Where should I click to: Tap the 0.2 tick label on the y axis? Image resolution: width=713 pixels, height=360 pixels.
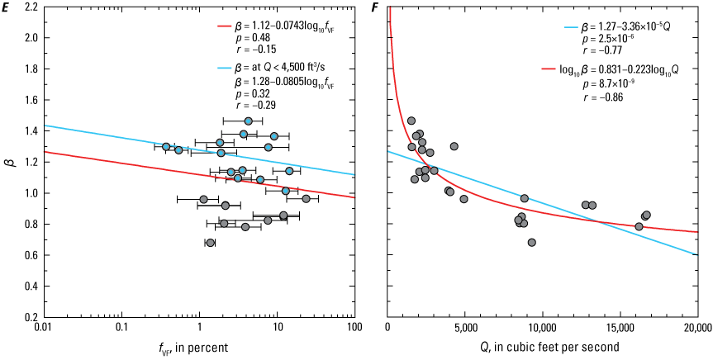tap(29, 317)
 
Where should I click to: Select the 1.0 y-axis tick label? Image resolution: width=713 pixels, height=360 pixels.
tap(29, 193)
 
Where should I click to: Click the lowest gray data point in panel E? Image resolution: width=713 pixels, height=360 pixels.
tap(210, 243)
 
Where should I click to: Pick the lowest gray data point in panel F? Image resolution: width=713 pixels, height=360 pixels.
tap(531, 243)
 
